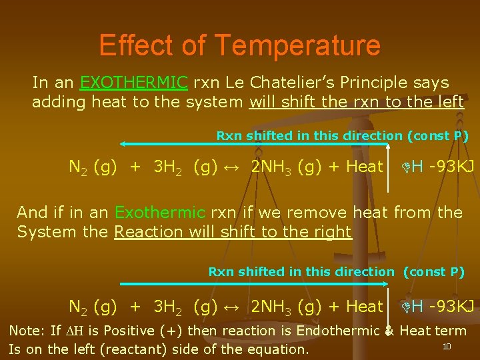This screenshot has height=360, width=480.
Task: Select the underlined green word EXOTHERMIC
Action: pos(133,83)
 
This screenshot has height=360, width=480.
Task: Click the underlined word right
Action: pos(334,232)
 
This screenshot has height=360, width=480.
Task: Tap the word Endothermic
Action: pos(339,331)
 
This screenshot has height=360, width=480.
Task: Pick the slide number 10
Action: pos(447,346)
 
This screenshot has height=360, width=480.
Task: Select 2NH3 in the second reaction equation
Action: pos(271,307)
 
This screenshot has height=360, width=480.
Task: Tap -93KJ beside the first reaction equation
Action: pos(452,167)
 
